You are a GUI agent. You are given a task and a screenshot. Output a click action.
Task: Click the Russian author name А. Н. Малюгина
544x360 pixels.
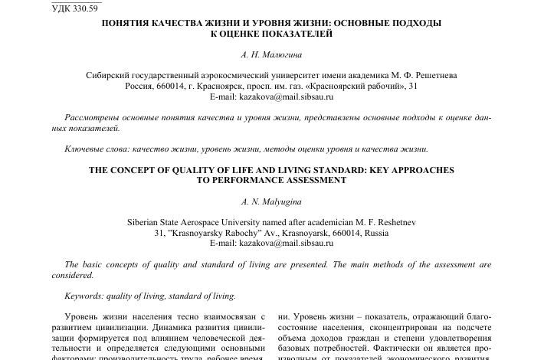[x=271, y=56]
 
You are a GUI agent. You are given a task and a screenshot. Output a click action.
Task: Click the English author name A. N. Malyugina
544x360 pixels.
[x=271, y=201]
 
